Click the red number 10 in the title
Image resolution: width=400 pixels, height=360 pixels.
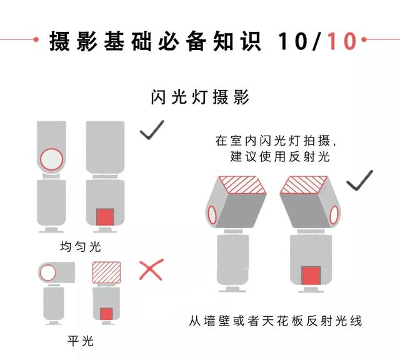342,41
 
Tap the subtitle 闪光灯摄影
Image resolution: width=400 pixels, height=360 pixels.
200,97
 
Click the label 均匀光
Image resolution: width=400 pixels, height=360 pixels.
81,247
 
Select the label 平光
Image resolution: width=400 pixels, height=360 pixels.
81,341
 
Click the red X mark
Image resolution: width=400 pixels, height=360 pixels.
151,269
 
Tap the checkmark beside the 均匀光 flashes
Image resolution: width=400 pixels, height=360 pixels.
152,130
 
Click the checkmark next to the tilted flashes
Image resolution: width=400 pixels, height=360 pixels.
359,181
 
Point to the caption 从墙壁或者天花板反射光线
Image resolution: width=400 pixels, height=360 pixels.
276,321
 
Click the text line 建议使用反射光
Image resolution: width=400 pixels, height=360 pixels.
280,156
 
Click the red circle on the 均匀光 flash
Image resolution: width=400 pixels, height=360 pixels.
51,159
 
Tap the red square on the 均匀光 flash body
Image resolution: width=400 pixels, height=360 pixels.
105,217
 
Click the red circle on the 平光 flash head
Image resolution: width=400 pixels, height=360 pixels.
48,272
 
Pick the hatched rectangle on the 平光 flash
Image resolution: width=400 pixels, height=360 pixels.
106,272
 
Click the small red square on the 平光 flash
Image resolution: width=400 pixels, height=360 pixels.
106,314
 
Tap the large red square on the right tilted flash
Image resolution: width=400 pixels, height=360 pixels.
311,276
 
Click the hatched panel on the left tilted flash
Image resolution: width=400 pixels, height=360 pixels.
242,185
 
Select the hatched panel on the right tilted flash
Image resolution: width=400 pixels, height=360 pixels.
304,185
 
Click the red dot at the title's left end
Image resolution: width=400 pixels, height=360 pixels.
36,39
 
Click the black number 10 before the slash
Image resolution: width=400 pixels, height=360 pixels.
292,41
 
